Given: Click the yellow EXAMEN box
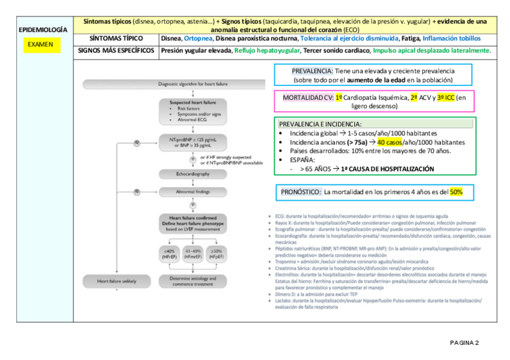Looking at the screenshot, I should pyautogui.click(x=40, y=44).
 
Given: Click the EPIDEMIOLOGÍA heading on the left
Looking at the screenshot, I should pyautogui.click(x=43, y=29).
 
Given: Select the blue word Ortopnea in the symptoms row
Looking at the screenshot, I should pyautogui.click(x=199, y=38).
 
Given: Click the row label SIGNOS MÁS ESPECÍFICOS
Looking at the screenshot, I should pyautogui.click(x=115, y=50).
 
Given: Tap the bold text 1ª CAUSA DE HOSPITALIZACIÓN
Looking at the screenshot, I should pyautogui.click(x=387, y=169).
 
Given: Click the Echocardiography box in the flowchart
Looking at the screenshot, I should pyautogui.click(x=192, y=174).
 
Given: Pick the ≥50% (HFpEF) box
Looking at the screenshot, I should pyautogui.click(x=217, y=254).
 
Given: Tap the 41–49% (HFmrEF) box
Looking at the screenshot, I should pyautogui.click(x=192, y=254).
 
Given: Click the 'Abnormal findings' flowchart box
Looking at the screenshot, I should pyautogui.click(x=192, y=192).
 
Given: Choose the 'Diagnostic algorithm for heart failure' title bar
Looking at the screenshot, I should pyautogui.click(x=192, y=85).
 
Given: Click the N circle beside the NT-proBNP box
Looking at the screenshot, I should pyautogui.click(x=137, y=142).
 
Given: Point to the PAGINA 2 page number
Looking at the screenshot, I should pyautogui.click(x=464, y=343).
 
